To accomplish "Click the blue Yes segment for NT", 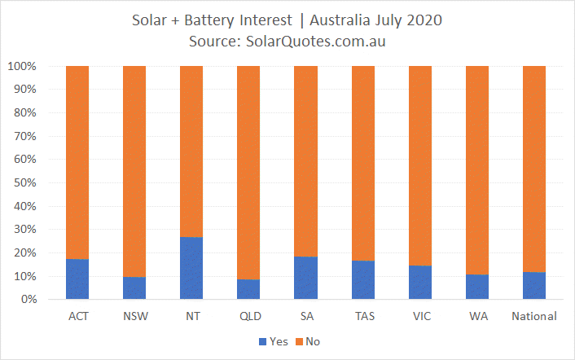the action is [x=191, y=268].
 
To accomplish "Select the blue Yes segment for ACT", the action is [x=77, y=279].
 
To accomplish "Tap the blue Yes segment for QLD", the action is [x=248, y=289].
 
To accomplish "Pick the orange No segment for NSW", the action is [x=134, y=172].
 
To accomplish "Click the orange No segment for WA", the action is [x=477, y=170].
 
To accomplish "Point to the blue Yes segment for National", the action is [x=534, y=286].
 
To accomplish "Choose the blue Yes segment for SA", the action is [x=306, y=278].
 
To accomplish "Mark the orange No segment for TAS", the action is [x=363, y=164].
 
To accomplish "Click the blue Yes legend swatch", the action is [x=262, y=341].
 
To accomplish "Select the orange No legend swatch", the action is [x=299, y=341].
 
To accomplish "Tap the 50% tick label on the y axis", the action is [x=25, y=182].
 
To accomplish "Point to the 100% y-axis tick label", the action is [x=22, y=66].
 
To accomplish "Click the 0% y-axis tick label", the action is [x=29, y=299].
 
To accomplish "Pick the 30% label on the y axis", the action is [x=25, y=229].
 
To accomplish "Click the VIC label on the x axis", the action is [x=422, y=316].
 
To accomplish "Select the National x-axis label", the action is [x=534, y=316].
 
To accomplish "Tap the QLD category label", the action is [x=251, y=316].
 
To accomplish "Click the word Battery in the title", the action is [x=210, y=20].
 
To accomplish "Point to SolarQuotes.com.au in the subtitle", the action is [x=316, y=42].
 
